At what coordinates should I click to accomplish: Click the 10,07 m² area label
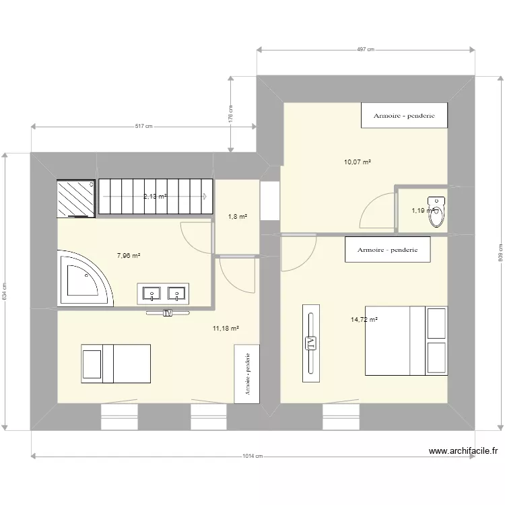(358, 162)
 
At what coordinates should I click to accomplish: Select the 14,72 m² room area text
(364, 320)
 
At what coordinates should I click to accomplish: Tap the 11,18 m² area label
(226, 329)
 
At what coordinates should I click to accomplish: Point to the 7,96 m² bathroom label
(128, 256)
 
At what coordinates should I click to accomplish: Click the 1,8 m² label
(238, 216)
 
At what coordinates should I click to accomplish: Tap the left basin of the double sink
(152, 293)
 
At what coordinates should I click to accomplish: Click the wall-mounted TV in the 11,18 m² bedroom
(166, 312)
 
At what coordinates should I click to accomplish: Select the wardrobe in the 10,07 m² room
(404, 115)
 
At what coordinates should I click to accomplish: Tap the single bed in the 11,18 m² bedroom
(116, 363)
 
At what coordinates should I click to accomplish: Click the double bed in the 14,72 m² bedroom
(405, 341)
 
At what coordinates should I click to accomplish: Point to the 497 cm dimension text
(365, 49)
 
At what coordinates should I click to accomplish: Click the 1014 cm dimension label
(252, 457)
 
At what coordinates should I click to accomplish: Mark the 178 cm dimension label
(230, 113)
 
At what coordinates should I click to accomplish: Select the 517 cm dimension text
(143, 126)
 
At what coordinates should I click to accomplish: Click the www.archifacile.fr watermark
(463, 452)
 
